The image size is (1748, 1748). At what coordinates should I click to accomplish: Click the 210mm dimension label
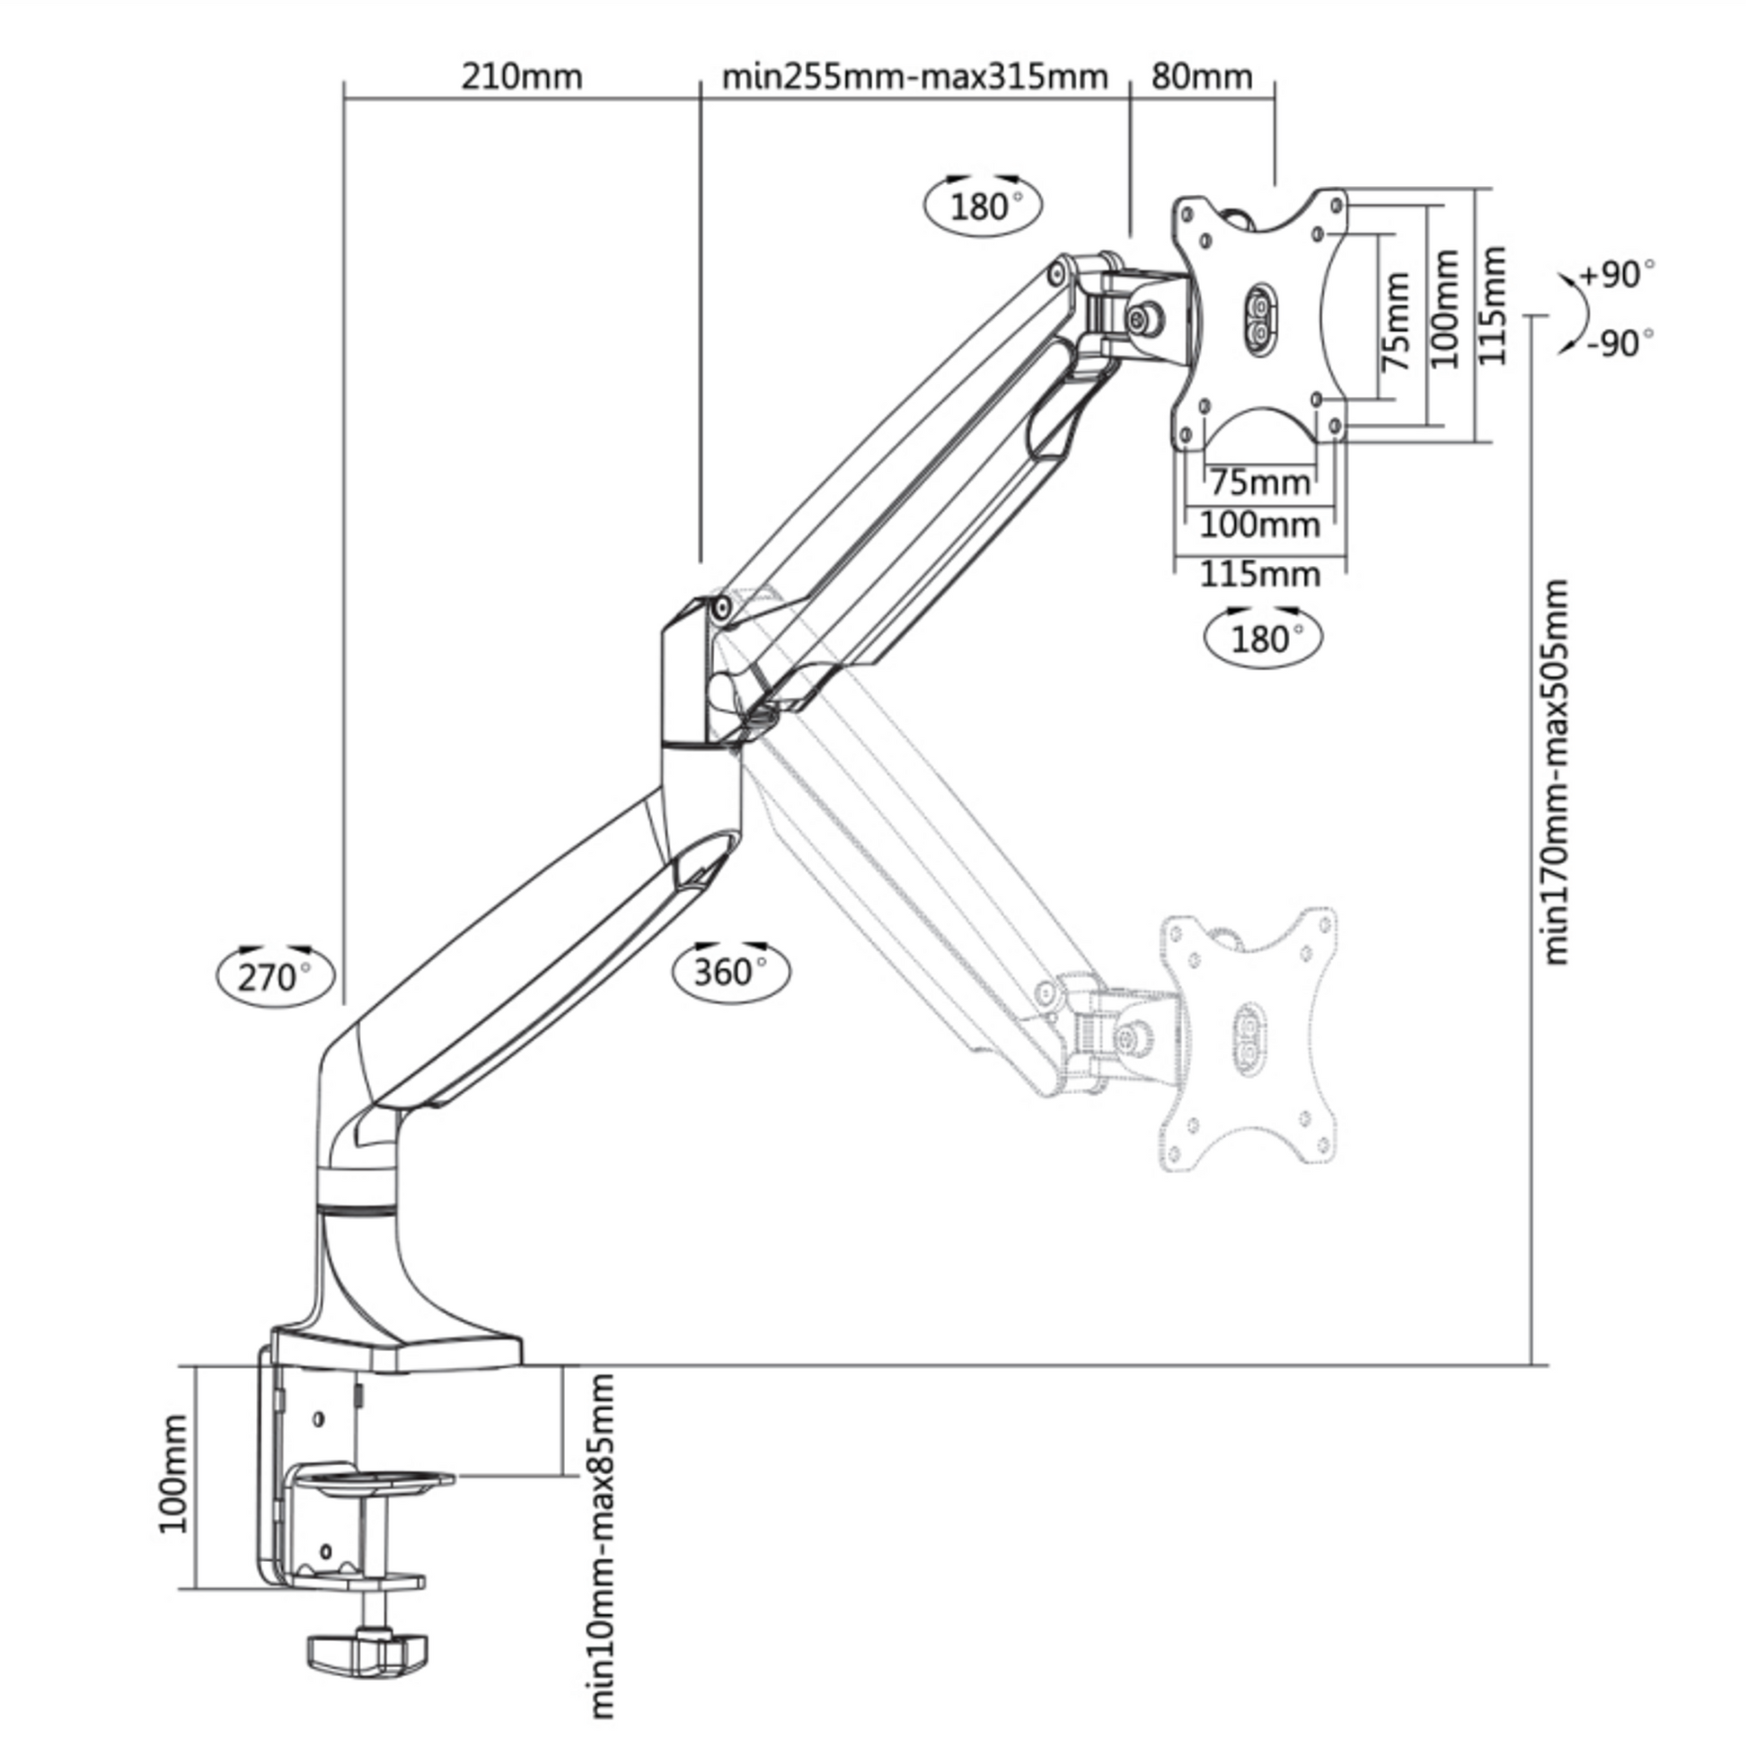point(521,77)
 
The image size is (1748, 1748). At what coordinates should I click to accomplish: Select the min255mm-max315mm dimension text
point(914,77)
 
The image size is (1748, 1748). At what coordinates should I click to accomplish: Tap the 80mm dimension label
point(1202,77)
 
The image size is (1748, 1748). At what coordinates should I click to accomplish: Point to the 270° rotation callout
point(273,977)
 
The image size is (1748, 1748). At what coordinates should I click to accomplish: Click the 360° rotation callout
point(730,972)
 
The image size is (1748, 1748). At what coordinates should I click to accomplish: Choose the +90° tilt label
point(1618,273)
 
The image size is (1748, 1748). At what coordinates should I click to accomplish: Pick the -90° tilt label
point(1620,344)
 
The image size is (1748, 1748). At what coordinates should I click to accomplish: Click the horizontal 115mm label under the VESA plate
point(1259,574)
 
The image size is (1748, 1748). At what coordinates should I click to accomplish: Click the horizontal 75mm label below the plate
point(1259,482)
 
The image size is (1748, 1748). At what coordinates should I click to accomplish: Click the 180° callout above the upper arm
point(983,207)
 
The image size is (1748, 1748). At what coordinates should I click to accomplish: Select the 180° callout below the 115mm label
point(1263,639)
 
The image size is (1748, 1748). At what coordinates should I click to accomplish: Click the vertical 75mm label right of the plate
point(1397,322)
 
